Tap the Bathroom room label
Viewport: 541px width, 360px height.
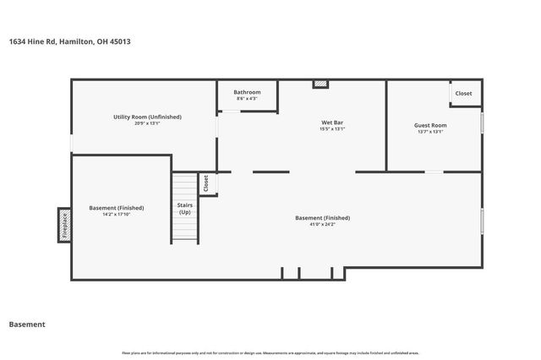tap(247, 92)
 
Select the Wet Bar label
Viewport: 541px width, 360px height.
tap(331, 123)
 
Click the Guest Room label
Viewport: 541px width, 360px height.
tap(430, 125)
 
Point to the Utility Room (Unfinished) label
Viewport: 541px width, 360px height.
tap(147, 117)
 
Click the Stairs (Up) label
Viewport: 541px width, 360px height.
tap(184, 209)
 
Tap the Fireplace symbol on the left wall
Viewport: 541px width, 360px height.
tap(63, 225)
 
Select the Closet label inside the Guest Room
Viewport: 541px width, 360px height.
tap(464, 93)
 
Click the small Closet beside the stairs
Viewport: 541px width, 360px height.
tap(205, 182)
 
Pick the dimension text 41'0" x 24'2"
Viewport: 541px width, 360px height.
tap(322, 224)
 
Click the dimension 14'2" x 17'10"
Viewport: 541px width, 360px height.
tap(117, 214)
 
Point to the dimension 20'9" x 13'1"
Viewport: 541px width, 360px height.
tap(147, 123)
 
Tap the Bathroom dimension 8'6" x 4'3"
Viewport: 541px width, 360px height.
tap(247, 99)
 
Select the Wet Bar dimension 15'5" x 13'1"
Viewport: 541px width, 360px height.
tap(331, 129)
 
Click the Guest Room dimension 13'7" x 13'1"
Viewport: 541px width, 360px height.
tap(430, 132)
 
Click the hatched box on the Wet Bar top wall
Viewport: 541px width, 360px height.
tap(320, 84)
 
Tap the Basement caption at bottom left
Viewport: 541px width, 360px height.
tap(26, 325)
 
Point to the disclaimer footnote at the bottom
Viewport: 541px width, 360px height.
tap(270, 352)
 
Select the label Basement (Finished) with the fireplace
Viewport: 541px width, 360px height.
tap(117, 207)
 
